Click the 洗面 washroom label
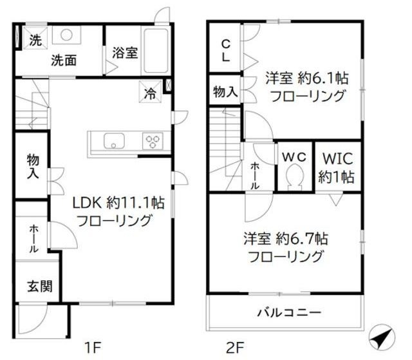[x=64, y=61]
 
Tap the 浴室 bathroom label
[x=124, y=53]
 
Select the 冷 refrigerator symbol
[x=150, y=93]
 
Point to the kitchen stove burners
[x=153, y=141]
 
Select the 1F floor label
[x=93, y=348]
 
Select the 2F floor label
[x=234, y=348]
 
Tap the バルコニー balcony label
[x=289, y=314]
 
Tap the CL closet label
[x=225, y=50]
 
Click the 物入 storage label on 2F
[x=225, y=92]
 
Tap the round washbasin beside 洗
[x=66, y=35]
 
